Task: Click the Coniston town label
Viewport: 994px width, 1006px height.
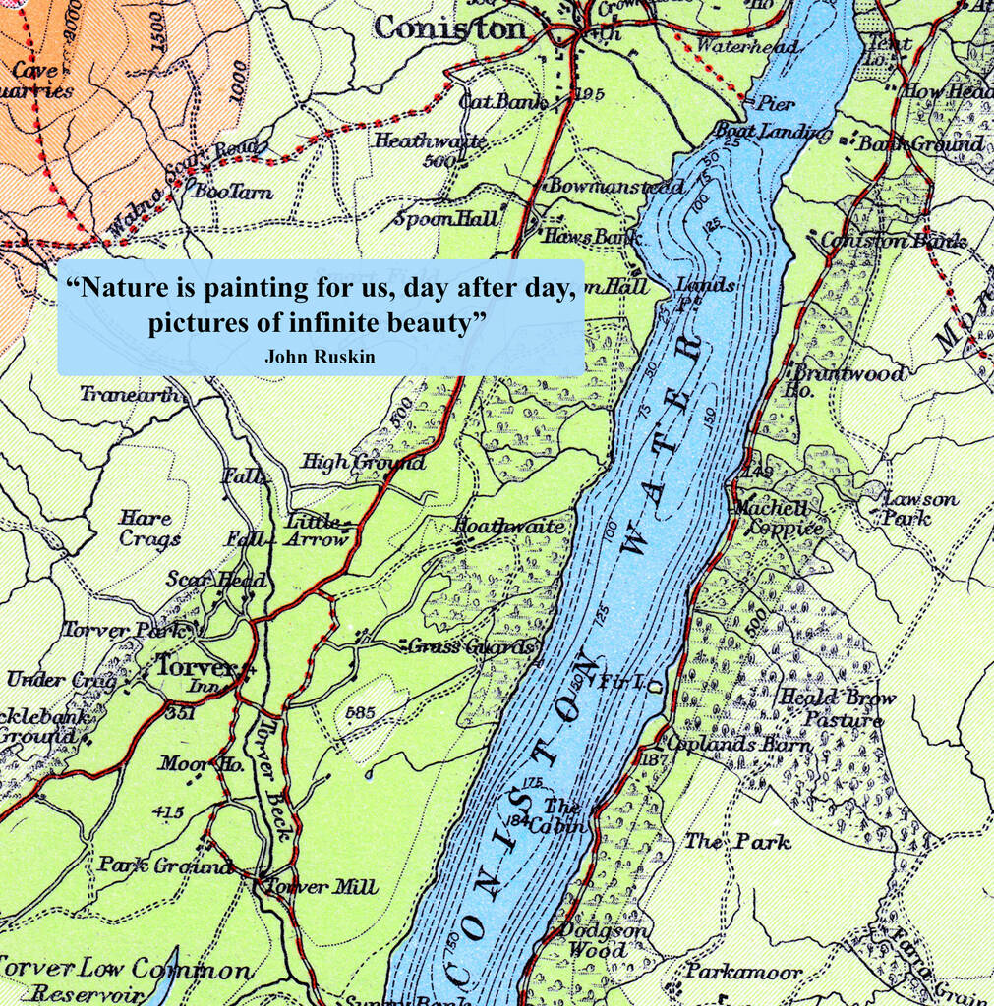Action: [x=451, y=29]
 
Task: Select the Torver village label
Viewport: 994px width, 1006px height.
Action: [x=196, y=667]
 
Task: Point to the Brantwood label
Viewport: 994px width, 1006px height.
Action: [x=848, y=374]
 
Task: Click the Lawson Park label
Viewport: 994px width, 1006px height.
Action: [x=907, y=508]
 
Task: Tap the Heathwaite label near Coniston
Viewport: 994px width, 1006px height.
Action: [x=430, y=140]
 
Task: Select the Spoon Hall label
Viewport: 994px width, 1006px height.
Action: [x=447, y=218]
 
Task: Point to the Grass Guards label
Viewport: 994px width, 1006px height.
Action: [x=473, y=646]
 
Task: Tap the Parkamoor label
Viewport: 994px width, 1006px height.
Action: [x=743, y=973]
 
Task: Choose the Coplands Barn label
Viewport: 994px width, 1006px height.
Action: [x=738, y=744]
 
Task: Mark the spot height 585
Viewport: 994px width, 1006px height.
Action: [x=361, y=712]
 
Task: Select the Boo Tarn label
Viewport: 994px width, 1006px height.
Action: [x=233, y=193]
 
